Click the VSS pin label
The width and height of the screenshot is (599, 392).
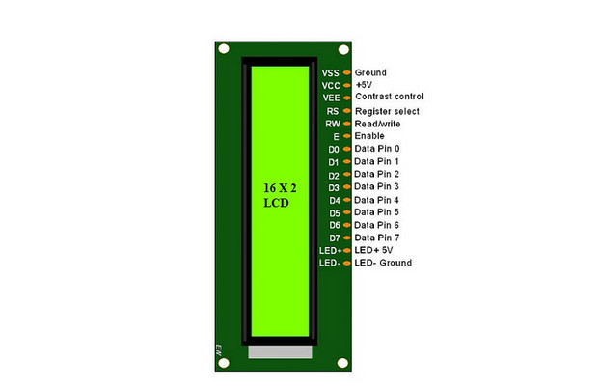click(330, 73)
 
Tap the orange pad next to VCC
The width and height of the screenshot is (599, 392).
click(347, 85)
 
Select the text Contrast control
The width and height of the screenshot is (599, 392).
click(390, 97)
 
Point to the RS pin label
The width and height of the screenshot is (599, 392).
click(333, 111)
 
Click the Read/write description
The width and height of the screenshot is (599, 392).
click(377, 124)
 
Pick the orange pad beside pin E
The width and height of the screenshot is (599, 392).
click(347, 136)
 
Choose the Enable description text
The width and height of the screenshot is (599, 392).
click(369, 136)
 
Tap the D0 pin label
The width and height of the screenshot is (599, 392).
click(334, 149)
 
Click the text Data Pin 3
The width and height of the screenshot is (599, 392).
click(376, 186)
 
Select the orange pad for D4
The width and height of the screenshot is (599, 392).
click(347, 200)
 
